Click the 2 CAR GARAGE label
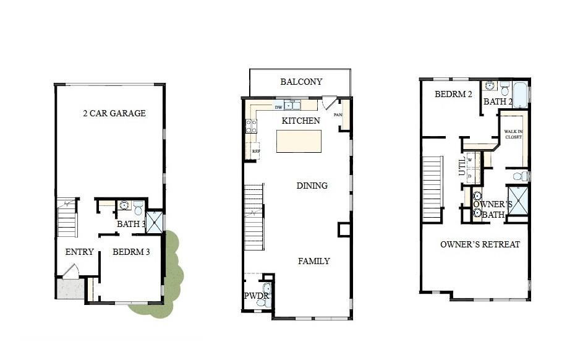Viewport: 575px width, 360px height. point(114,113)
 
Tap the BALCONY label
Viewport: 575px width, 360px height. point(301,82)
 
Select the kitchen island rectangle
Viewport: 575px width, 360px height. point(299,141)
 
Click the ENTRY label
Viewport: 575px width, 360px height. point(79,252)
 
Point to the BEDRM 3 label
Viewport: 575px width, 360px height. point(131,252)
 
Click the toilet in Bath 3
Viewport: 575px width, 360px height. point(138,207)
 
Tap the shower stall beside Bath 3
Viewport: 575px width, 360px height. point(154,222)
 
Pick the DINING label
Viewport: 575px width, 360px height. point(312,186)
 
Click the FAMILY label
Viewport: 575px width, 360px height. point(313,261)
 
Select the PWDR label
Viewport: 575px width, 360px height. point(255,296)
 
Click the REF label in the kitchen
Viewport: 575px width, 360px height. point(255,150)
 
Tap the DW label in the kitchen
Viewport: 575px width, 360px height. point(278,107)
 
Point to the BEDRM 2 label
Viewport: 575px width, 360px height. point(453,95)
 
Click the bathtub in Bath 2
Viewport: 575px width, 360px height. point(520,95)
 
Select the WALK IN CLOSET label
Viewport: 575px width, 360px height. point(513,134)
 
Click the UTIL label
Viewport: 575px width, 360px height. point(462,166)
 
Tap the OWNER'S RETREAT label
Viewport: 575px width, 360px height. point(480,244)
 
